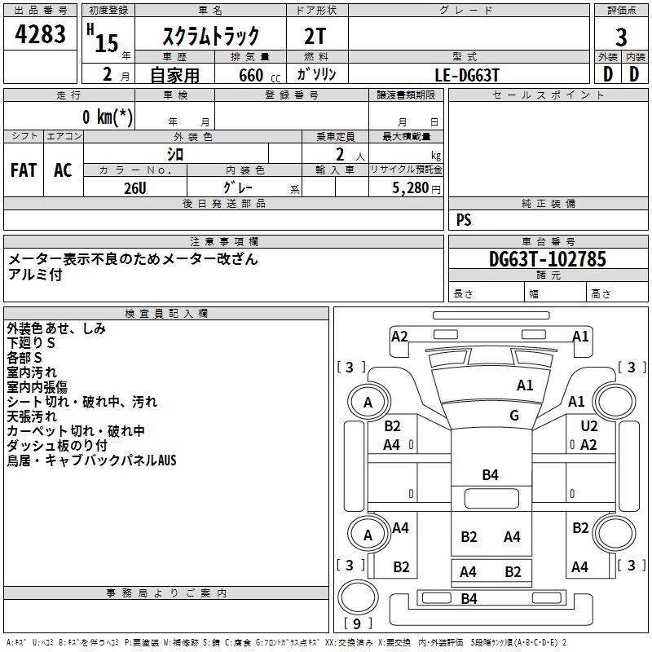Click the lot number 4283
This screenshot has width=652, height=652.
point(42,36)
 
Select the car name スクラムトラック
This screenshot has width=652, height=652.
point(212,36)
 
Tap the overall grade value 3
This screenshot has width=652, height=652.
point(621,37)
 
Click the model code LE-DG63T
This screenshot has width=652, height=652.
point(467,75)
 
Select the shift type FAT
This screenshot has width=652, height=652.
point(24,170)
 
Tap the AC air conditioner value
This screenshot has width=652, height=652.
point(63,170)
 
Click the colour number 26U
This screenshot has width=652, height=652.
point(135,187)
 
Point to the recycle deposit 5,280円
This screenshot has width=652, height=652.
point(415,188)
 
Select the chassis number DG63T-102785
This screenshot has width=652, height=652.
point(548,259)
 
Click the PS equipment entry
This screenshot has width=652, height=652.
point(464,220)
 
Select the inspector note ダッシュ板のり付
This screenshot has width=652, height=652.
point(57,446)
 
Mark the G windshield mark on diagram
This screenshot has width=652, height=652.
point(514,416)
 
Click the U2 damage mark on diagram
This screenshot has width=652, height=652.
point(589,426)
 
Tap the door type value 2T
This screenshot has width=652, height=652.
point(317,36)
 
